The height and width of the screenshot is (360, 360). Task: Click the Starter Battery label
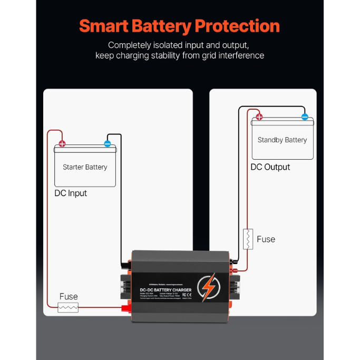pyautogui.click(x=85, y=167)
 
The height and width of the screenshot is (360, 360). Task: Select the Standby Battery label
pyautogui.click(x=282, y=140)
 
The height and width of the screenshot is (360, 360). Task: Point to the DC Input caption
pyautogui.click(x=71, y=193)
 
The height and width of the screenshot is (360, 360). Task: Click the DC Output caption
pyautogui.click(x=270, y=167)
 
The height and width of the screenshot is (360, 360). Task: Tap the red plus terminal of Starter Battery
pyautogui.click(x=62, y=143)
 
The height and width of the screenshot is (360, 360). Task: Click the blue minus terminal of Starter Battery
pyautogui.click(x=107, y=143)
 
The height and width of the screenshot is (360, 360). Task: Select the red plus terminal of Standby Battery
pyautogui.click(x=259, y=117)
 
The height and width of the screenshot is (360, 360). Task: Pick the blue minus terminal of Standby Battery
pyautogui.click(x=304, y=117)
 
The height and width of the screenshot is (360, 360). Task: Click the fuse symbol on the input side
pyautogui.click(x=68, y=307)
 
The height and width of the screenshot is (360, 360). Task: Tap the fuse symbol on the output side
pyautogui.click(x=248, y=239)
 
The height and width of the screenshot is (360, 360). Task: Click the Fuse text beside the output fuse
pyautogui.click(x=266, y=239)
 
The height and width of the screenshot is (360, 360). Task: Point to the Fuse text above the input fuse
pyautogui.click(x=69, y=297)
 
